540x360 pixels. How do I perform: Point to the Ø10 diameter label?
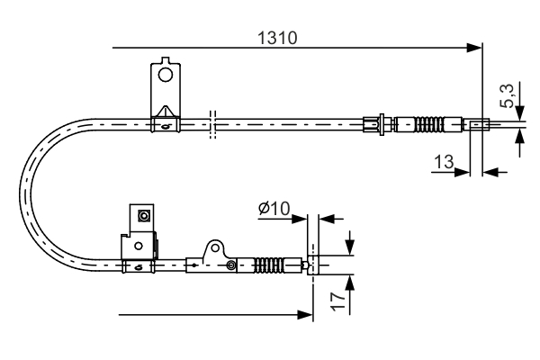273,209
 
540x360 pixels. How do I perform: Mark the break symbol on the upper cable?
212,124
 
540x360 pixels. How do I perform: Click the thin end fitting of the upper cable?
477,125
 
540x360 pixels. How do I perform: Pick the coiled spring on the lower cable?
268,265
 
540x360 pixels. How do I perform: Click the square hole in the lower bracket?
141,215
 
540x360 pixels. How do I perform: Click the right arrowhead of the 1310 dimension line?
477,47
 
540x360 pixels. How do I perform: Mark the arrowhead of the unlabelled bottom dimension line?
306,314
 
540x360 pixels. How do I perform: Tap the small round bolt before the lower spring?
231,265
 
